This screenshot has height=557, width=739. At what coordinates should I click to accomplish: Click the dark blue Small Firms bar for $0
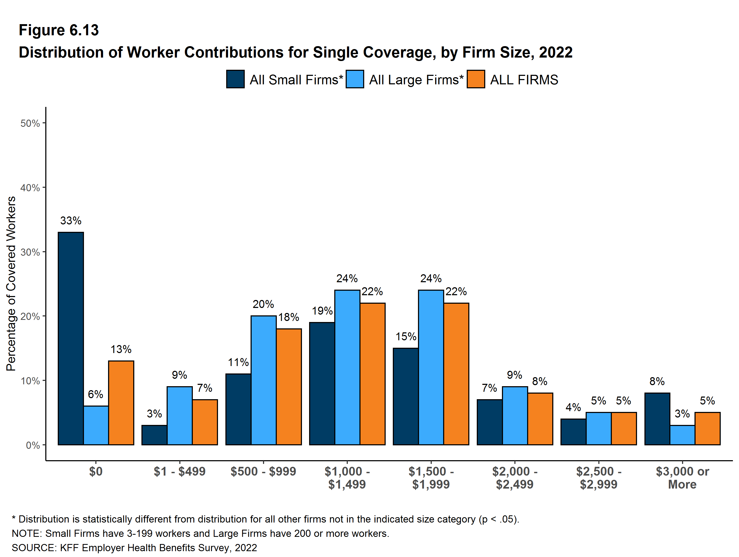(x=71, y=338)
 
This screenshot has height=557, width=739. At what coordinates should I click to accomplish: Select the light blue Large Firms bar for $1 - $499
(x=179, y=415)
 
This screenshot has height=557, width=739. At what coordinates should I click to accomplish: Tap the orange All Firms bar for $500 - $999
(x=289, y=386)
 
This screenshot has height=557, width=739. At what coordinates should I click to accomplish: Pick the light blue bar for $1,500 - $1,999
(x=431, y=367)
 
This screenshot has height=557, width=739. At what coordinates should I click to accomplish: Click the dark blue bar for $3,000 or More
(x=657, y=419)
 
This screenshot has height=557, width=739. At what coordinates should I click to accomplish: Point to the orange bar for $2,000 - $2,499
(x=540, y=419)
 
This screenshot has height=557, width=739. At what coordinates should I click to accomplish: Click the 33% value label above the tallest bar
(x=71, y=221)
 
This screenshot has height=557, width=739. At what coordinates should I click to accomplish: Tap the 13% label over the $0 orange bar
(x=121, y=349)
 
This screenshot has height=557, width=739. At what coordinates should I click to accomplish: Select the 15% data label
(x=406, y=337)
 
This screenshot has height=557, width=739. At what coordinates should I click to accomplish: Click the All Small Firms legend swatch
(x=235, y=79)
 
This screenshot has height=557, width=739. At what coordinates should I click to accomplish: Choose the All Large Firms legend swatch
(x=355, y=79)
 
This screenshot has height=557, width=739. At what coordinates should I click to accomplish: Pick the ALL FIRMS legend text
(x=524, y=80)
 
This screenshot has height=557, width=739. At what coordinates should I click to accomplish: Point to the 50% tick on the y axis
(x=30, y=123)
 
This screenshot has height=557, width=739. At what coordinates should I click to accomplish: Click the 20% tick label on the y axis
(x=30, y=316)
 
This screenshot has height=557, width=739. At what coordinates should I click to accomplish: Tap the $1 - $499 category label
(x=179, y=471)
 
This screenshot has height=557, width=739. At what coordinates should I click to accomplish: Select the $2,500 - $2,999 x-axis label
(x=598, y=478)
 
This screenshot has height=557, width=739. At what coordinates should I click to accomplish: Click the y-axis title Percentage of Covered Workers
(x=11, y=284)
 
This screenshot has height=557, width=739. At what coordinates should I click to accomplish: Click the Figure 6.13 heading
(x=59, y=30)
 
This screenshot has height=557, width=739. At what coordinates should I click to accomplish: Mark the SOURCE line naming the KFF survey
(x=134, y=548)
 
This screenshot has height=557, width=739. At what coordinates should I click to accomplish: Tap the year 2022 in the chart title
(x=556, y=53)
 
